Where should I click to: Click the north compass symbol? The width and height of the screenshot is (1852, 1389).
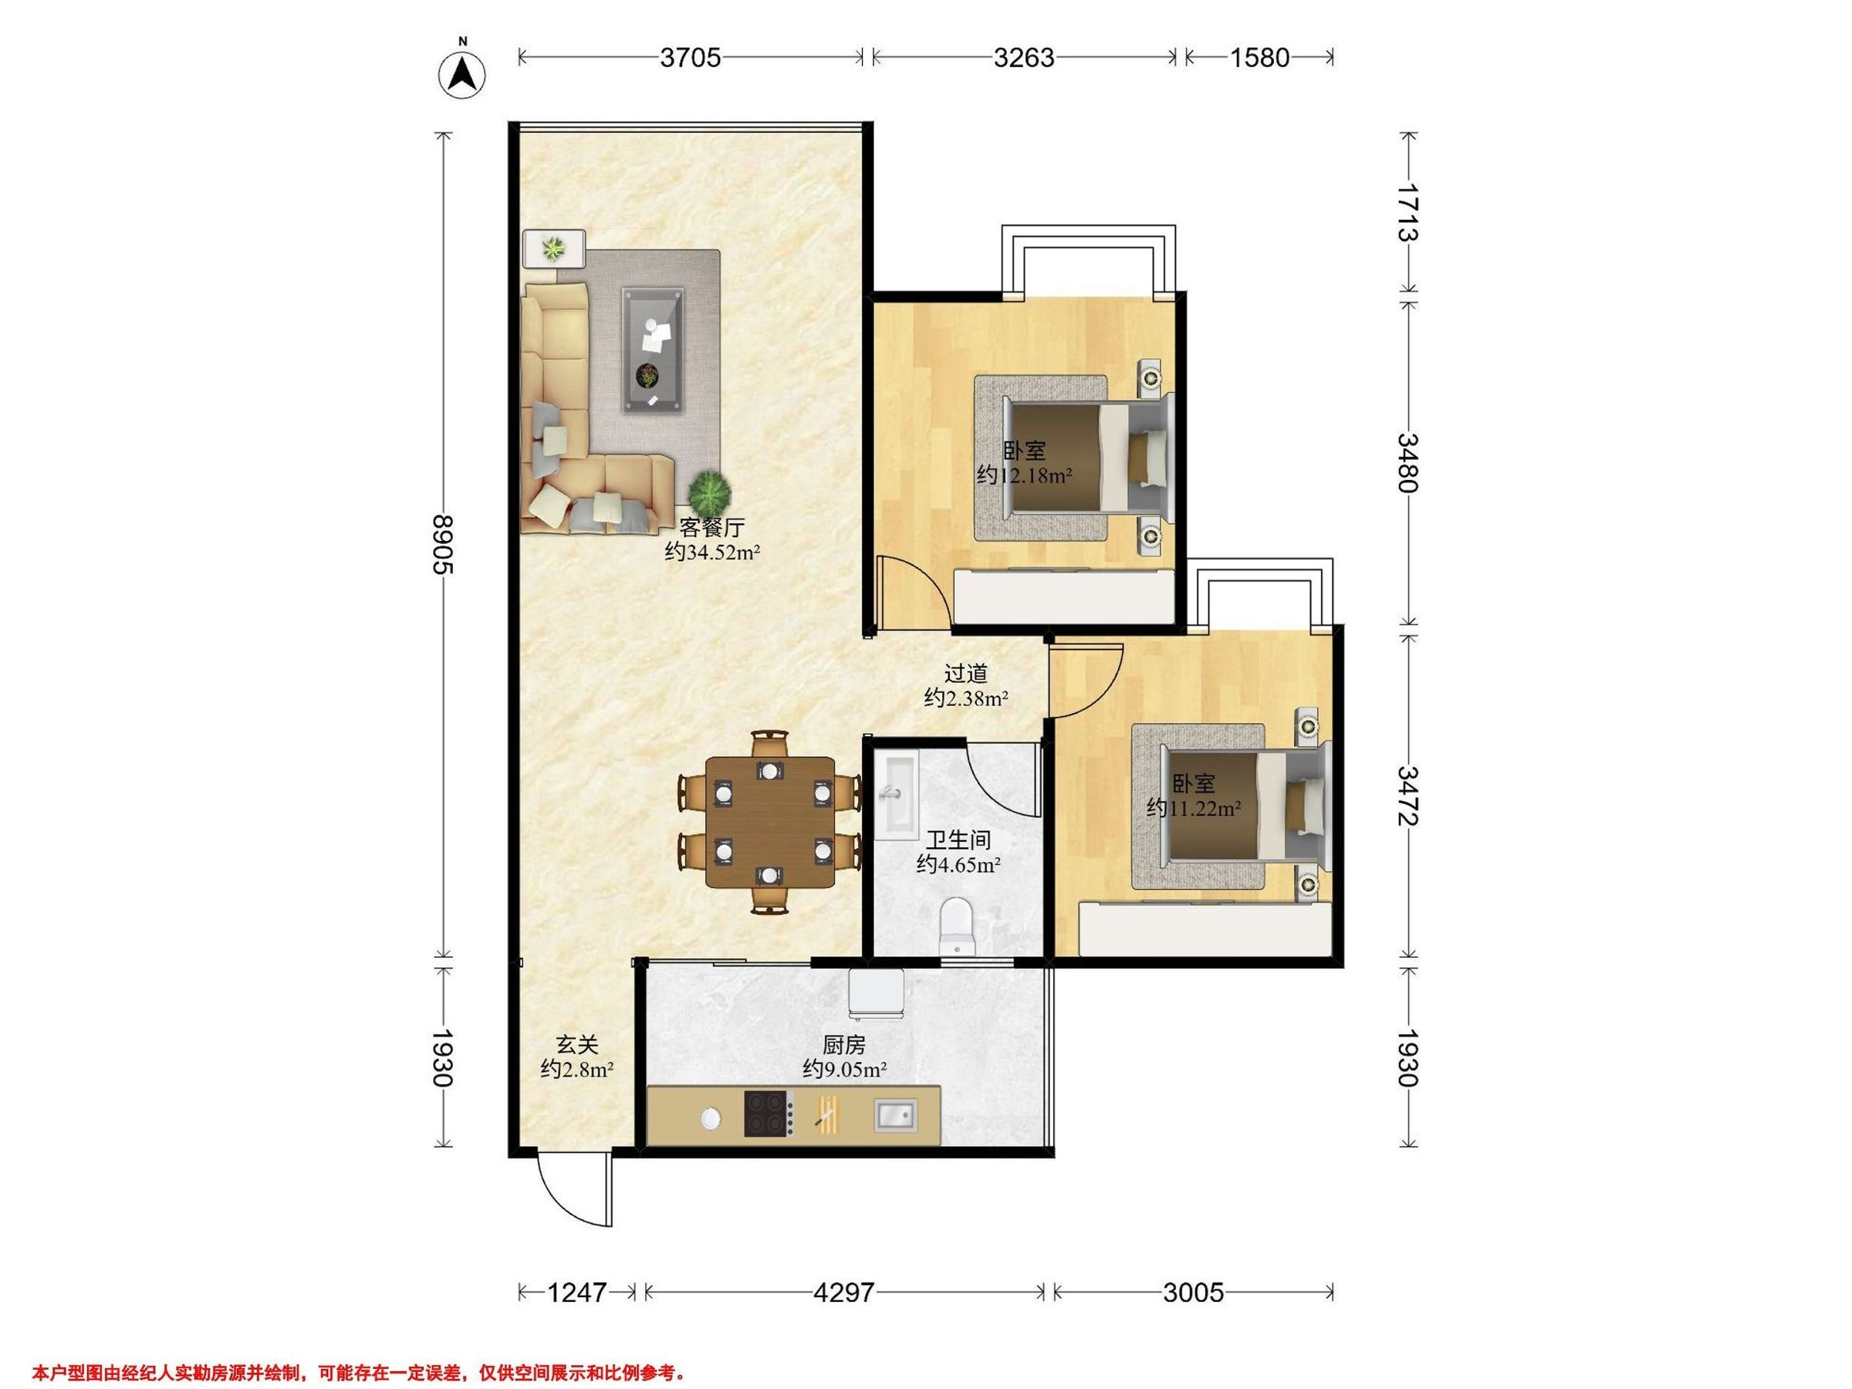click(462, 71)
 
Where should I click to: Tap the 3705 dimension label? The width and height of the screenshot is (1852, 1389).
click(690, 58)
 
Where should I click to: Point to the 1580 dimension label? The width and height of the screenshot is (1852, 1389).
click(1260, 58)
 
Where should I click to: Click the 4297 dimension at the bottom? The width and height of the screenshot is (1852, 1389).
click(844, 1293)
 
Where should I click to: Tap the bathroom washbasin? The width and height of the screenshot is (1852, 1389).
click(896, 794)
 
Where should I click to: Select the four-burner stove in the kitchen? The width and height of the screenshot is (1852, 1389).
click(769, 1114)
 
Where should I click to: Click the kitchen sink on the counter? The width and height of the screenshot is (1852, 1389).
click(895, 1114)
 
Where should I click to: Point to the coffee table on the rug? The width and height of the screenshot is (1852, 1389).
click(652, 350)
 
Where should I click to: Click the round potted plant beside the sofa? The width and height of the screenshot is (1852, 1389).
click(710, 493)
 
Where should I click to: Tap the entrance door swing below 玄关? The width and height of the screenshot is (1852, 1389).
click(574, 1192)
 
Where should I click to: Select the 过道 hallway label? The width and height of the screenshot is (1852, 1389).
click(966, 673)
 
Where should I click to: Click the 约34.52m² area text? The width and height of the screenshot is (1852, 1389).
click(712, 552)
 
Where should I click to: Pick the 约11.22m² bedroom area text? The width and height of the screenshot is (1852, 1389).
click(1194, 808)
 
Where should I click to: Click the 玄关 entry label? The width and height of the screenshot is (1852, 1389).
click(578, 1045)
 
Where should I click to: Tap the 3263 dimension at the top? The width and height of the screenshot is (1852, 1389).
click(1024, 58)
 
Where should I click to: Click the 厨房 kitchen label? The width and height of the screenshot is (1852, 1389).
click(844, 1045)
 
